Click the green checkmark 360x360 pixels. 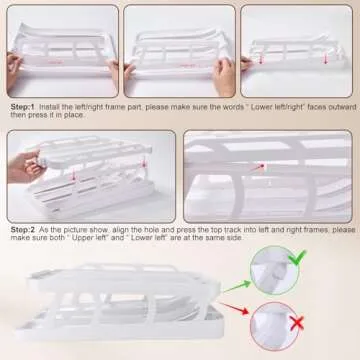tap(297, 257)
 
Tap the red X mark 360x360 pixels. tap(296, 323)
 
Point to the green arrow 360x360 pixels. tap(237, 287)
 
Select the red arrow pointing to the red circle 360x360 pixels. tap(234, 308)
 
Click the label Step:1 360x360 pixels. tap(23, 107)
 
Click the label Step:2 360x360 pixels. tap(23, 230)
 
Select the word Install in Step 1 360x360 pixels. tap(49, 107)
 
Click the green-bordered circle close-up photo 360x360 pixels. tap(275, 270)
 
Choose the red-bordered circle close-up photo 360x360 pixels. tap(274, 326)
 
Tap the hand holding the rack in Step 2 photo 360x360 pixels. tap(25, 166)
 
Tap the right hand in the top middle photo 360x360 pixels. tap(224, 76)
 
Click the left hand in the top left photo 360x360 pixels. tap(13, 71)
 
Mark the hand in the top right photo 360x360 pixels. tap(247, 63)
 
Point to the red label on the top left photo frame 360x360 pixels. tap(56, 61)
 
